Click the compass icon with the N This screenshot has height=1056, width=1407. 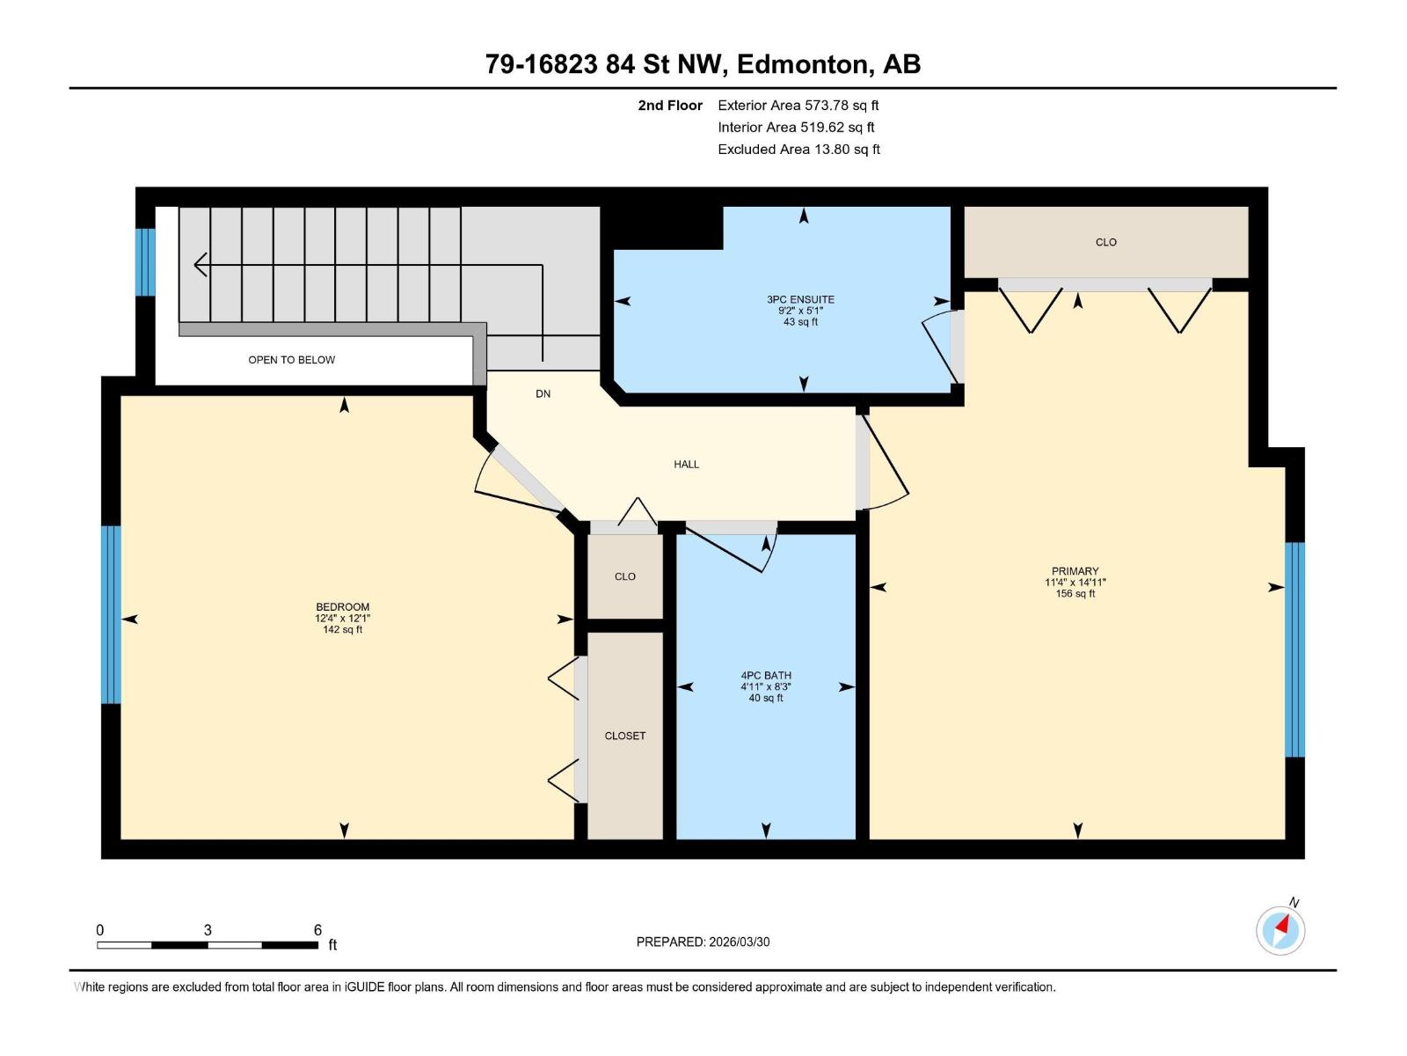pyautogui.click(x=1280, y=930)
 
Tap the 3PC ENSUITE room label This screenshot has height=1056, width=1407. pyautogui.click(x=800, y=299)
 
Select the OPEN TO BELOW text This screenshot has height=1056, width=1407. pyautogui.click(x=291, y=360)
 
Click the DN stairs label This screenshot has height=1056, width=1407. pyautogui.click(x=543, y=393)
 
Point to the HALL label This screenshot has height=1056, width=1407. pyautogui.click(x=686, y=464)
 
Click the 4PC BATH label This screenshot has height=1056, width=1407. pyautogui.click(x=765, y=676)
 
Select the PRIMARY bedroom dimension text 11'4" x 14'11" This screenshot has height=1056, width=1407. pyautogui.click(x=1075, y=583)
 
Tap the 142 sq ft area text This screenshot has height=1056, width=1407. pyautogui.click(x=342, y=630)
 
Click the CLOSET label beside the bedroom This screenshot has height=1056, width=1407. pyautogui.click(x=624, y=736)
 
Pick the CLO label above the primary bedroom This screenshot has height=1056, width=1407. pyautogui.click(x=1105, y=242)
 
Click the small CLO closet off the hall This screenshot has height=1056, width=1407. pyautogui.click(x=624, y=576)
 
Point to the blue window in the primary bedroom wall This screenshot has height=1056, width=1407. pyautogui.click(x=1294, y=649)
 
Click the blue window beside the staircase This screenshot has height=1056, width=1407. pyautogui.click(x=145, y=261)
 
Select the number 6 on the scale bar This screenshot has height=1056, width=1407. pyautogui.click(x=317, y=930)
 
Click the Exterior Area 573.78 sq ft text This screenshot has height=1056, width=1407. pyautogui.click(x=798, y=106)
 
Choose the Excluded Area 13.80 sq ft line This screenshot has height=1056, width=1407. pyautogui.click(x=798, y=150)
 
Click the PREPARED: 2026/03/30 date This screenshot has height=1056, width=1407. pyautogui.click(x=703, y=942)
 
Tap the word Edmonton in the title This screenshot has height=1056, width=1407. pyautogui.click(x=802, y=64)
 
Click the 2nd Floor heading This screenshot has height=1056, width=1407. pyautogui.click(x=670, y=106)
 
